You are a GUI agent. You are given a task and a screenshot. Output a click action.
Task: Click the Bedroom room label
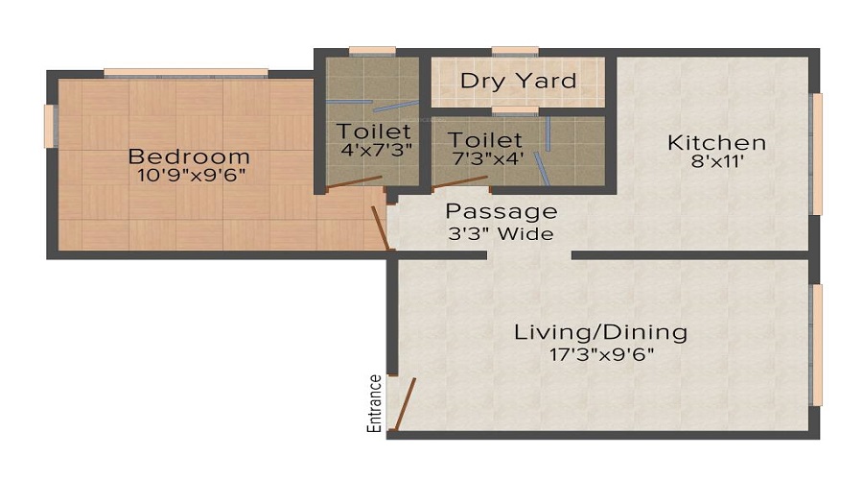coord(189,156)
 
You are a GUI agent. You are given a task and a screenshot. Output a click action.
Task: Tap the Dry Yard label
coord(518,81)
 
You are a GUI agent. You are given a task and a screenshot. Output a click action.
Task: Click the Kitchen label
coord(717,143)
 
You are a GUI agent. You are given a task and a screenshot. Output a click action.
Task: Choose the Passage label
coord(501,211)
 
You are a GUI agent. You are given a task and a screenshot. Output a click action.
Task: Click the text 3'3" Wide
coord(501,232)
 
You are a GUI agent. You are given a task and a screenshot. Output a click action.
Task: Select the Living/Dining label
coord(601,332)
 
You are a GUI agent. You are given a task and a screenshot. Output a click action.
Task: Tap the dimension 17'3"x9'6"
coord(601,353)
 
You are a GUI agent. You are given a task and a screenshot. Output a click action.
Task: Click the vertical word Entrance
coord(375,403)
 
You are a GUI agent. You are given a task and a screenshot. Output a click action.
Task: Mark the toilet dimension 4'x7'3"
coord(374,150)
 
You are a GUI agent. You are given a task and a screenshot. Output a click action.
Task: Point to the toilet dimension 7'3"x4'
coord(485,159)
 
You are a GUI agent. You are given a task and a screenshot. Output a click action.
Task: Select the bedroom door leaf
coord(382,230)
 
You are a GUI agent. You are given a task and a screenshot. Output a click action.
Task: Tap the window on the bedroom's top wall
coord(186,71)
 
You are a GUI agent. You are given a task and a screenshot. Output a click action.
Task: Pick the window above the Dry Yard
coord(515,51)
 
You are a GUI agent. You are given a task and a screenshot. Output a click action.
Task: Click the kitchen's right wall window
coord(817,153)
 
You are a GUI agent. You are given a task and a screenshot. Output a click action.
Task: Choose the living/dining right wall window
coord(817,345)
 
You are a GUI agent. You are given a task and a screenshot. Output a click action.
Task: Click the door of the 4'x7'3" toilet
coord(354,181)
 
